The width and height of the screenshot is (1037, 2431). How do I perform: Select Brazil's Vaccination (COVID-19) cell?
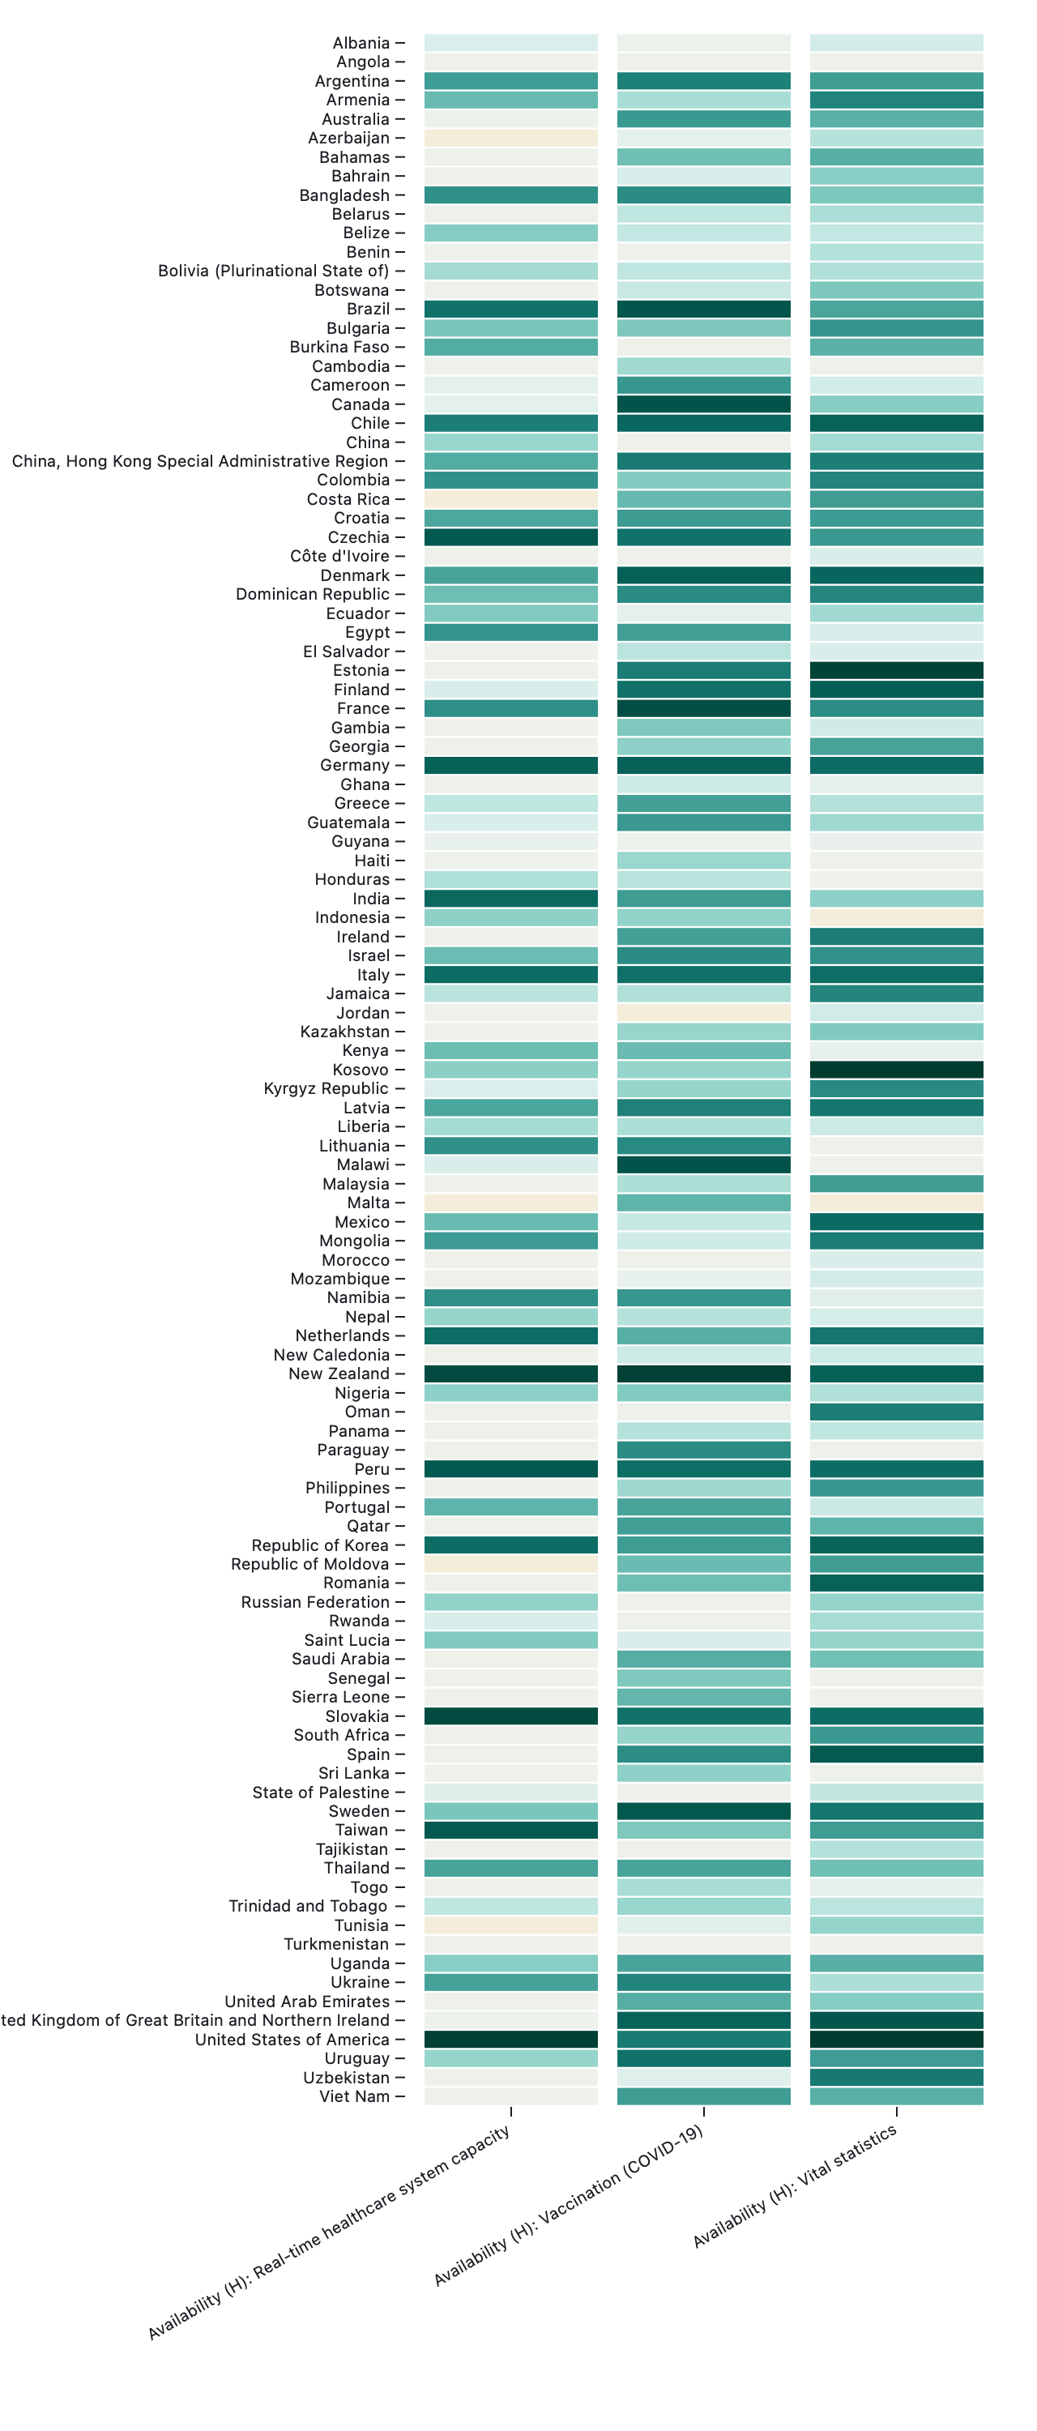point(703,310)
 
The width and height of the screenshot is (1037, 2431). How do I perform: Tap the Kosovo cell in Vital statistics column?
point(895,1069)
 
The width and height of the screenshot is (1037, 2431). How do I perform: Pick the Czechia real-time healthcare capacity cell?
point(510,537)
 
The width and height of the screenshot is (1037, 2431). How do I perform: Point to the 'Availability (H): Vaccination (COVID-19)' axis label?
point(569,2204)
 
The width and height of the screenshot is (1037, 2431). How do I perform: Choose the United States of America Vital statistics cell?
point(895,2040)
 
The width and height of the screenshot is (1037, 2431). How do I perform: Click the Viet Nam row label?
point(354,2096)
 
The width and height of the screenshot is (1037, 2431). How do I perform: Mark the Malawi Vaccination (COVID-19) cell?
point(703,1164)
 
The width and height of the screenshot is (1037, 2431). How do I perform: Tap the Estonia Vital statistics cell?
point(895,670)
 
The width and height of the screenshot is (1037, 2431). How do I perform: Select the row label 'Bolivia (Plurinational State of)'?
point(274,271)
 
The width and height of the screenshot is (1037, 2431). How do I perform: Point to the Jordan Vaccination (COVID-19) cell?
point(703,1013)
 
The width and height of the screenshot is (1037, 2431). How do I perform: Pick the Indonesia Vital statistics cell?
point(895,917)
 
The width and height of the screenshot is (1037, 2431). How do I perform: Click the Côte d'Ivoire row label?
point(339,556)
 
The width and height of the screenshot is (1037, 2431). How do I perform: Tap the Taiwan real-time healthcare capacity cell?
point(510,1830)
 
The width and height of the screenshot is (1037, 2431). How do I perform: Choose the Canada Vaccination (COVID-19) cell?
point(703,404)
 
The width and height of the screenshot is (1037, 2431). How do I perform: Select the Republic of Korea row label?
point(320,1544)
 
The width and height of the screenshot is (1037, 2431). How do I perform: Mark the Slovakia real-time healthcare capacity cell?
point(510,1715)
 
